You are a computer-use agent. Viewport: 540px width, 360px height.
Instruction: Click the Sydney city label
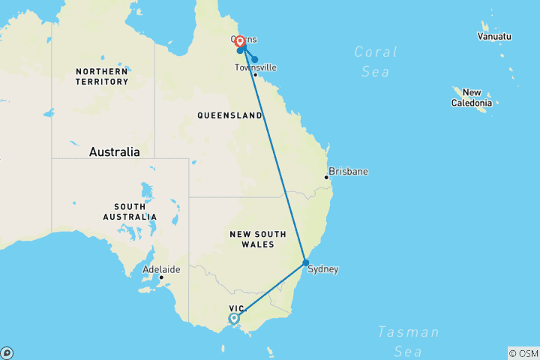click(323, 268)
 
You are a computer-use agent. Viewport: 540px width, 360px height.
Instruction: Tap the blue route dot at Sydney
click(306, 262)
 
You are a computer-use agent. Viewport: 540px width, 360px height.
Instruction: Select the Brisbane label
click(349, 172)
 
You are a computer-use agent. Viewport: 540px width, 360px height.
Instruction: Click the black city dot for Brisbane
click(327, 177)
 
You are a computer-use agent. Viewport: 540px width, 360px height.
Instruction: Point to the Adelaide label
click(161, 268)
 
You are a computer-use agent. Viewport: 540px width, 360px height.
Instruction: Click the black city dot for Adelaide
click(161, 277)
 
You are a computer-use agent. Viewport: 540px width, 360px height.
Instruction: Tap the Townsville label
click(255, 67)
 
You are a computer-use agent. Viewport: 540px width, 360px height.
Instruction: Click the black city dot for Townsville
click(256, 74)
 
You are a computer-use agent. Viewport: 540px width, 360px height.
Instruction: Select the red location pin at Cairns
click(240, 42)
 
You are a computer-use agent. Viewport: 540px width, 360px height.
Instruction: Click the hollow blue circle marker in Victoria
click(234, 318)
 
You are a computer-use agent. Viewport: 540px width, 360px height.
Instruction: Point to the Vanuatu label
click(495, 36)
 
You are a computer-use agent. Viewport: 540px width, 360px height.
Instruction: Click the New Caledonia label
click(471, 97)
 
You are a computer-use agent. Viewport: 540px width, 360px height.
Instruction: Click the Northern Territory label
click(101, 76)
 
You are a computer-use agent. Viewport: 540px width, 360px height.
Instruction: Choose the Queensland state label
click(229, 115)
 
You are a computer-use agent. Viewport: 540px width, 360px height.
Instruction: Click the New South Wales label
click(257, 239)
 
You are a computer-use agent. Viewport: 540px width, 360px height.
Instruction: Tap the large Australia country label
click(114, 151)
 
